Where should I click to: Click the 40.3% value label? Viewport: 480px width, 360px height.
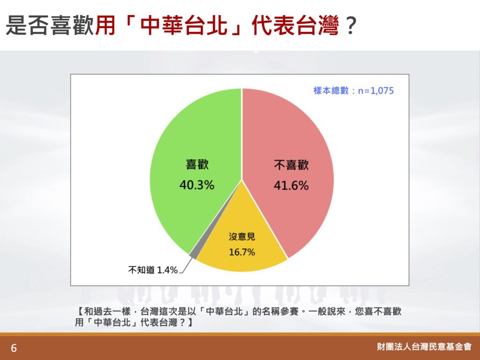[x=197, y=185]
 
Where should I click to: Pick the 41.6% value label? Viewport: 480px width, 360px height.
[x=291, y=186]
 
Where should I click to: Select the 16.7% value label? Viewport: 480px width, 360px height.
[x=242, y=252]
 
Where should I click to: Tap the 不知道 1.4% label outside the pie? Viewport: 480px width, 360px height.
[x=153, y=270]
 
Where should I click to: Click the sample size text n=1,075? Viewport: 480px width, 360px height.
[x=375, y=90]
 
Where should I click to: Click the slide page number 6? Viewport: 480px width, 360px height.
[x=14, y=348]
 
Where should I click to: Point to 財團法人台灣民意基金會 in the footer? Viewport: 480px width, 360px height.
[x=424, y=346]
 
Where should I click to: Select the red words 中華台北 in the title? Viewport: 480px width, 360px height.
[x=184, y=26]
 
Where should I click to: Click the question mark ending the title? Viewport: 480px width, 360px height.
[x=350, y=26]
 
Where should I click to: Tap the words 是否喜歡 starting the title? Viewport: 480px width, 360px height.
[x=50, y=26]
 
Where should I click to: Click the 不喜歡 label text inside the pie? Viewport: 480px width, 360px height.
[x=292, y=165]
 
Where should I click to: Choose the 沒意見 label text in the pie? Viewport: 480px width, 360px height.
[x=242, y=237]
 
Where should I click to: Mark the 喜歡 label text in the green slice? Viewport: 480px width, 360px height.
[x=197, y=165]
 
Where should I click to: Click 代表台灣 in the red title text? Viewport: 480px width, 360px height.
[x=295, y=26]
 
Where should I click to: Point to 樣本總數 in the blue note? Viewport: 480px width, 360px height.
[x=331, y=90]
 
